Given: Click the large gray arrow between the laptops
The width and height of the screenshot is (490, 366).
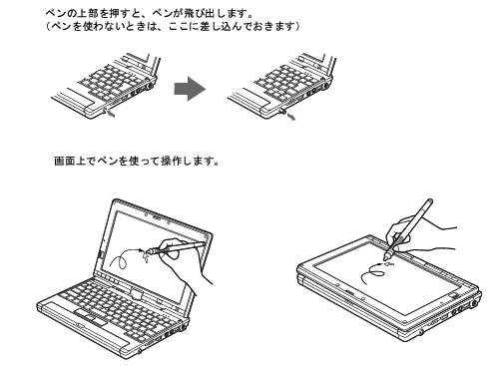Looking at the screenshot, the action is click(190, 89).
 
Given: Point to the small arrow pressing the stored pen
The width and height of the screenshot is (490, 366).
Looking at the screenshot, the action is click(111, 114).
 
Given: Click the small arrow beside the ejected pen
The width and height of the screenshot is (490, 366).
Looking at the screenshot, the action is click(291, 117).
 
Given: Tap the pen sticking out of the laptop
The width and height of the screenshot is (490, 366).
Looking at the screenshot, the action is click(281, 111).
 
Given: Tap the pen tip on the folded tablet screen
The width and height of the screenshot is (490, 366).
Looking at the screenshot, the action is click(387, 256).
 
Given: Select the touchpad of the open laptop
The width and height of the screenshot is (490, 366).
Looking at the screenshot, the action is click(91, 317).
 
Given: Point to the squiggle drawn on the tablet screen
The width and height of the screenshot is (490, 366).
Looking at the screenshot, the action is click(375, 274).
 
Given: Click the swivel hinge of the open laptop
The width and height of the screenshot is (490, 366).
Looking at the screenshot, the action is click(136, 294).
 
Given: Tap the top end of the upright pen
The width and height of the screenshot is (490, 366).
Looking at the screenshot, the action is click(430, 200).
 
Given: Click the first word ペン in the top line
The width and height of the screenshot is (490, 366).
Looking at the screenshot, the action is click(54, 13).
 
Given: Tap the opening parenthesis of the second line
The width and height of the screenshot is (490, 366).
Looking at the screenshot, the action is click(48, 26).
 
